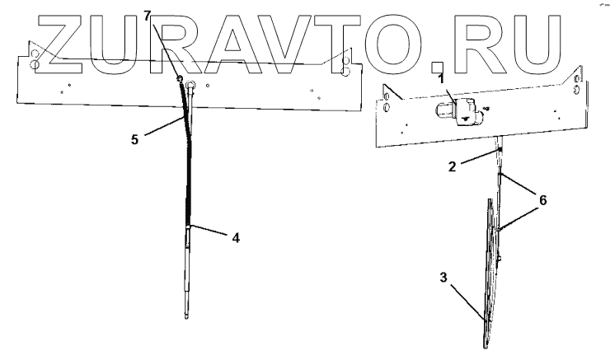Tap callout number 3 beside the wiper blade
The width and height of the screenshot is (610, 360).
pyautogui.click(x=444, y=278)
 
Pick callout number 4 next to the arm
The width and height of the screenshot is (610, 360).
pyautogui.click(x=237, y=239)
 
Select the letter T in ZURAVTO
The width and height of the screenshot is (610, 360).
pyautogui.click(x=340, y=40)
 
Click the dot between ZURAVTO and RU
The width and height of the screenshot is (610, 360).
pyautogui.click(x=439, y=60)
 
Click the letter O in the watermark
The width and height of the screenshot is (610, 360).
pyautogui.click(x=398, y=40)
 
